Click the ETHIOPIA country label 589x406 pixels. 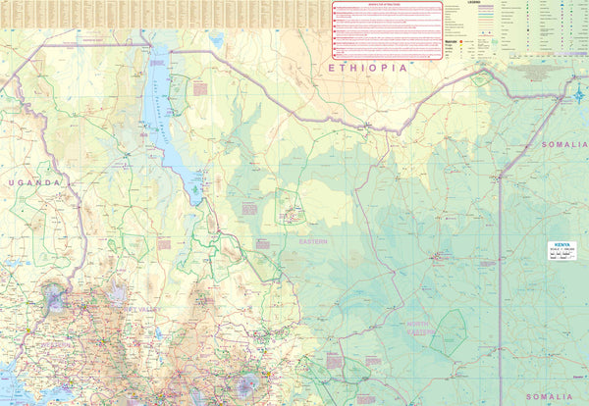tap(367, 68)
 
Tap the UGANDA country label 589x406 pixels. tap(34, 182)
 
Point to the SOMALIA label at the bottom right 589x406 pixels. tap(562, 396)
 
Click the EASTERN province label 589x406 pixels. tap(314, 240)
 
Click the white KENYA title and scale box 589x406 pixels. tap(566, 250)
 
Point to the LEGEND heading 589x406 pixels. tap(473, 3)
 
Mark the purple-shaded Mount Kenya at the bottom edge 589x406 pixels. tap(245, 385)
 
